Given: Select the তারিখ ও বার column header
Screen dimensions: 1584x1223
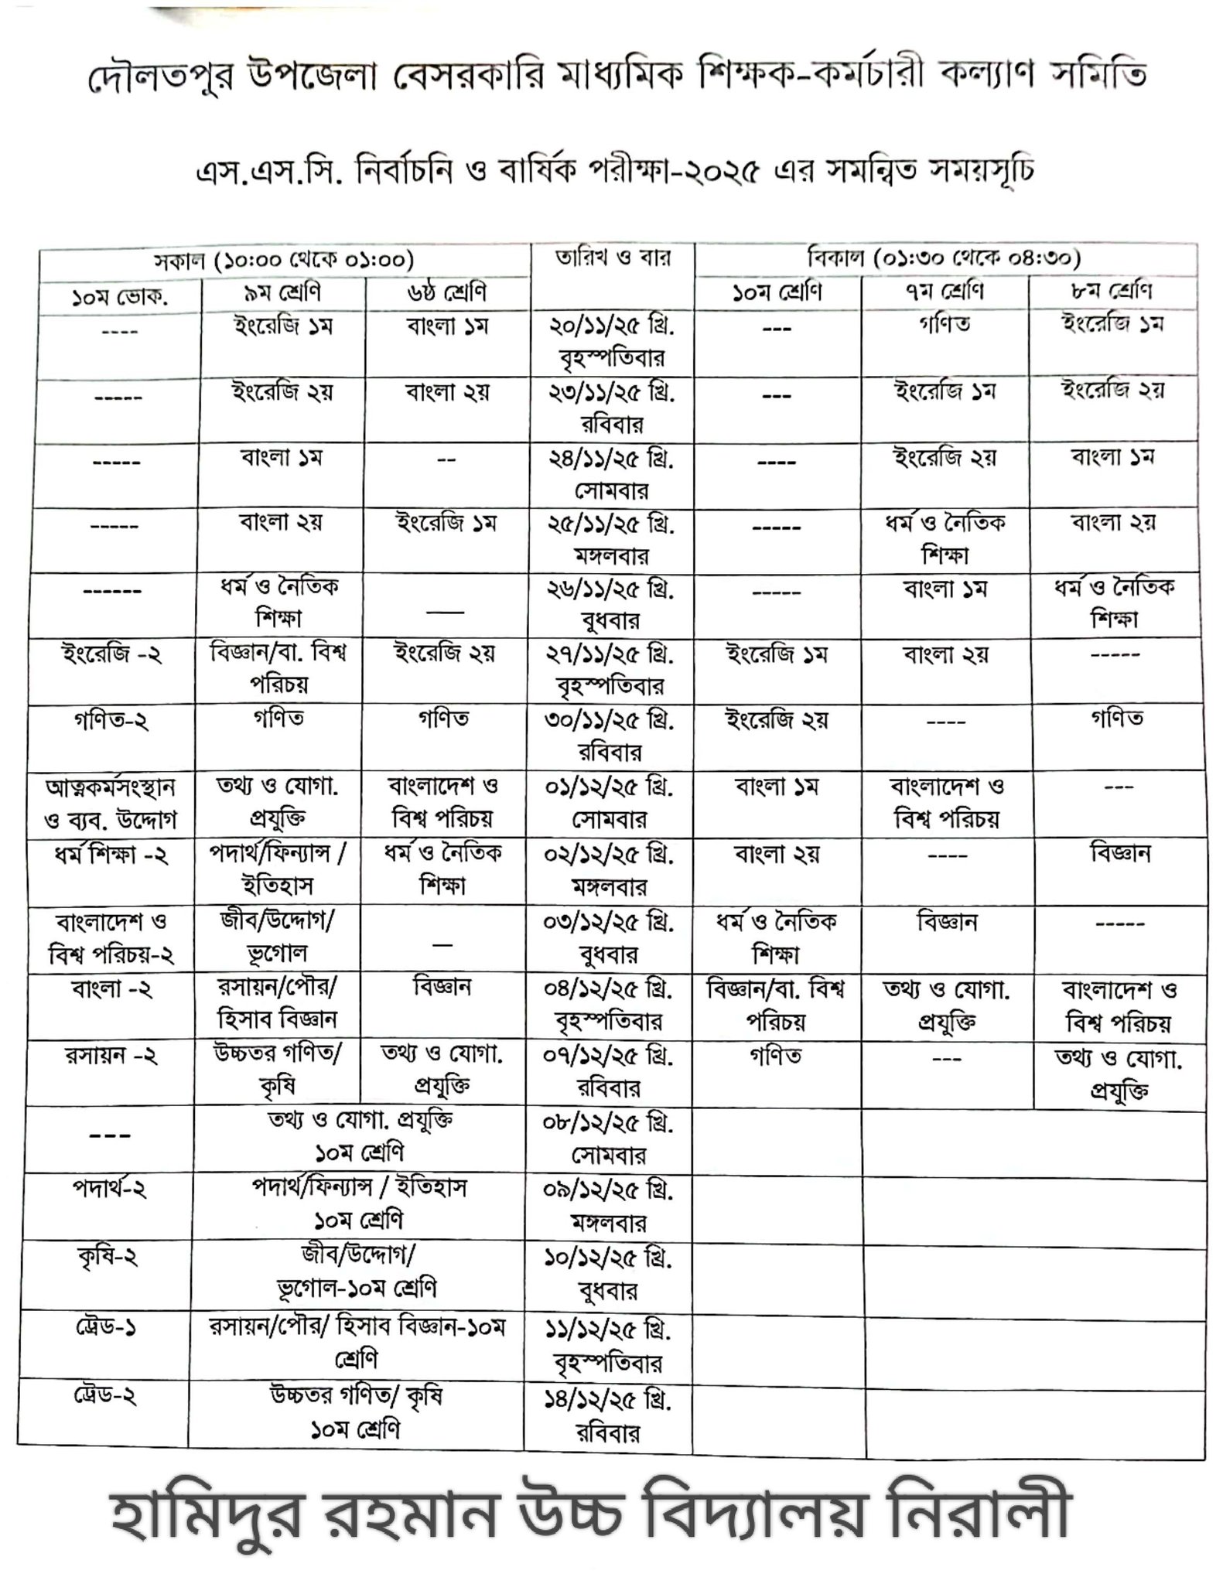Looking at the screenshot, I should [x=611, y=258].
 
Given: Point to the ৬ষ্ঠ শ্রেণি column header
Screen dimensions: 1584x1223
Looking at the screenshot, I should [x=446, y=293].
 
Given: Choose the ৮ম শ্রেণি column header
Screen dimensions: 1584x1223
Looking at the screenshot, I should [x=1115, y=292].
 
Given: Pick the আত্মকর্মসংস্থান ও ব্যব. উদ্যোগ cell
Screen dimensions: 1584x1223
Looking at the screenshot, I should [x=111, y=804].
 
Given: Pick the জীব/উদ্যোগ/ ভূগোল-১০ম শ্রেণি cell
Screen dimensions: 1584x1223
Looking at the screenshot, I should [x=357, y=1272].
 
